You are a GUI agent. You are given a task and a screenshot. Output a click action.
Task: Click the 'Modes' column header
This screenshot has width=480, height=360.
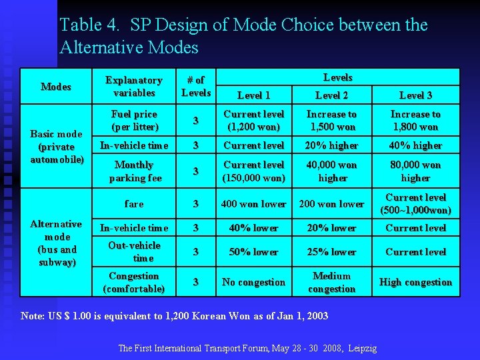click(56, 87)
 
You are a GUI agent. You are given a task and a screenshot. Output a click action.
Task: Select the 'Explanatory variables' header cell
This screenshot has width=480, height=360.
click(134, 86)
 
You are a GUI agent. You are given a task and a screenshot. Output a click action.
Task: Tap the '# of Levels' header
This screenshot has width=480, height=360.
click(196, 86)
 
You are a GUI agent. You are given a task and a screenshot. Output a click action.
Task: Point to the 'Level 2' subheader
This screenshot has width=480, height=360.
click(331, 95)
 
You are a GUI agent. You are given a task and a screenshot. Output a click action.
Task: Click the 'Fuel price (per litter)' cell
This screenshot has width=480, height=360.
click(134, 120)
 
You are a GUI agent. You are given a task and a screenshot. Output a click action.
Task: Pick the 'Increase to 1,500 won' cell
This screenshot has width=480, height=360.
click(331, 120)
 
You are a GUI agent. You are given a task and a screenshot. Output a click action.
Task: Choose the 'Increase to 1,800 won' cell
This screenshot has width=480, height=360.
click(415, 120)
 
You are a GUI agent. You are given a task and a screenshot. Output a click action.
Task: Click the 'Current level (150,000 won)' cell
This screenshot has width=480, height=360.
click(254, 171)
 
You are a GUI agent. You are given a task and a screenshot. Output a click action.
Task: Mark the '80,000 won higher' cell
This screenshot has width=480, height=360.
click(415, 171)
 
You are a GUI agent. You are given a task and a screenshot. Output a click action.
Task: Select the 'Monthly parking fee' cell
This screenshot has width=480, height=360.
click(134, 171)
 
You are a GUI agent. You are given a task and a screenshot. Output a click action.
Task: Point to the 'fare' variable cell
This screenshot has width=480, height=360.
click(134, 203)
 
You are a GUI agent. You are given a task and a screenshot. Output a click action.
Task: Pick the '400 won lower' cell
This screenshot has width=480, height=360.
click(254, 203)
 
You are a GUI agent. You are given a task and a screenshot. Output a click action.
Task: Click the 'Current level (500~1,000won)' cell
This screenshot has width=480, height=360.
click(415, 203)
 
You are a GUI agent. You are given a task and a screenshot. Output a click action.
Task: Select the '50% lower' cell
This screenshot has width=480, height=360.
click(254, 252)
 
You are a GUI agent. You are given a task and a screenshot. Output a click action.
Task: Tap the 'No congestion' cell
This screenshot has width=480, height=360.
click(254, 282)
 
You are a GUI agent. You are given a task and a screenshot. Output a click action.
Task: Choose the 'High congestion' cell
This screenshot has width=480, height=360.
click(415, 282)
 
